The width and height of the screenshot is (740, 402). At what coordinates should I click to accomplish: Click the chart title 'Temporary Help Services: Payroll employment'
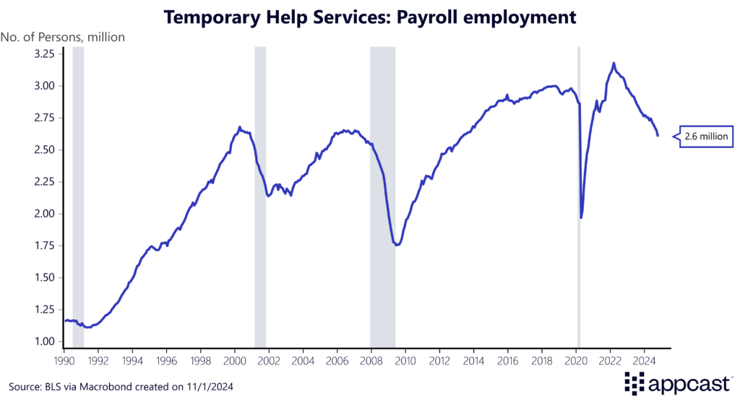(370, 17)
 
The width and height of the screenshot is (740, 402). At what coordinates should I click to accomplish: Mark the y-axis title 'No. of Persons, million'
(63, 36)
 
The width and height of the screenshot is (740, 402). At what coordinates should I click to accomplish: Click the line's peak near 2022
(614, 64)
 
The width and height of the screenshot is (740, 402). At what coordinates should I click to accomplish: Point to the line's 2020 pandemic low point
(581, 217)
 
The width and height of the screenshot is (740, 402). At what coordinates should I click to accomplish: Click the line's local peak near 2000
(239, 128)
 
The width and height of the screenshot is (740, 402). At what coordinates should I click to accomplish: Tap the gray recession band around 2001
(260, 195)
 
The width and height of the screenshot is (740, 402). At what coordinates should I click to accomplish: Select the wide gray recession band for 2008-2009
(382, 195)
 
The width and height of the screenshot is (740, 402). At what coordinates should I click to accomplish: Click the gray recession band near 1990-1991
(78, 195)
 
